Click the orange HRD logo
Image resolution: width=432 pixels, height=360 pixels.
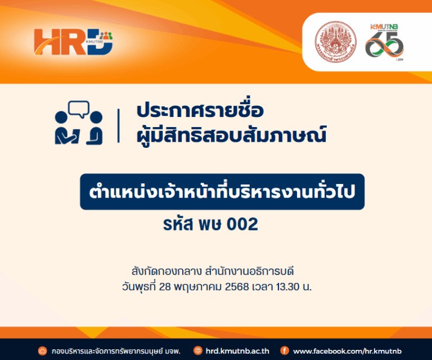73,42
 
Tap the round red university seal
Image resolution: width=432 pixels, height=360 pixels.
336,42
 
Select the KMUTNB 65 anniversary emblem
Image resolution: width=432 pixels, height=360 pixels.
384,42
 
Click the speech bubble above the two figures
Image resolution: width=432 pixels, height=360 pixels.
79,109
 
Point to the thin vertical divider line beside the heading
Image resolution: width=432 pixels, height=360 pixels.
119,125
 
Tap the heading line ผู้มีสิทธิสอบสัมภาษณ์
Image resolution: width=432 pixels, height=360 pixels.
231,134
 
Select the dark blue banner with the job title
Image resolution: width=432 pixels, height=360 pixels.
222,191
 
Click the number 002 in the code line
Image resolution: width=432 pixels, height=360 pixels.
242,224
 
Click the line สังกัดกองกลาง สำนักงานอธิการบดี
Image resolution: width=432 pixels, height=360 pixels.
213,271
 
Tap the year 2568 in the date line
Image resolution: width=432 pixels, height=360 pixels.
236,287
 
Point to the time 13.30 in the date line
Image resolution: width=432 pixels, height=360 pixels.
287,287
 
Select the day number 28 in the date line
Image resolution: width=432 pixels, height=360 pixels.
165,287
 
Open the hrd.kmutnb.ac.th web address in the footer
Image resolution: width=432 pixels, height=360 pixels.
237,351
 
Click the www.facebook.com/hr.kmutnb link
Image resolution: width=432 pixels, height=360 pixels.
347,351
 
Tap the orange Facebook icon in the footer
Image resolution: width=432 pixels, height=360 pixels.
285,350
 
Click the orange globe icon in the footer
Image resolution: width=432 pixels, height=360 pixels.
198,350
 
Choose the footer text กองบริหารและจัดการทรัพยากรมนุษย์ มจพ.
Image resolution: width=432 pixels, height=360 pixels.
116,351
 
